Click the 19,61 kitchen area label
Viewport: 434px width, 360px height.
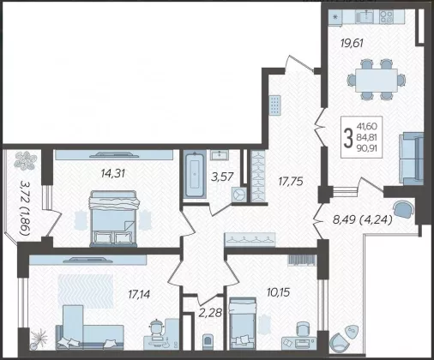click(352, 44)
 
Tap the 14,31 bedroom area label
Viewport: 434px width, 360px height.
click(113, 173)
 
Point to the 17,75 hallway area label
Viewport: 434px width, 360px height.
click(291, 182)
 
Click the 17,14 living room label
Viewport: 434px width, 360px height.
click(139, 294)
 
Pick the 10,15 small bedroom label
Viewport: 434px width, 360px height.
click(278, 292)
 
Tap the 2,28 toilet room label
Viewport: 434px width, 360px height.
click(211, 313)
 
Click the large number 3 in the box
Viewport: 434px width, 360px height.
click(348, 138)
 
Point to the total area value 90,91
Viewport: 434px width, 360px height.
click(367, 148)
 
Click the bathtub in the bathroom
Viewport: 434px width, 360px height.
click(195, 175)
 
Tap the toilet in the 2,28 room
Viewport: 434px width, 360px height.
click(208, 342)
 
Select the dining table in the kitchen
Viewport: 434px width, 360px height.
click(377, 81)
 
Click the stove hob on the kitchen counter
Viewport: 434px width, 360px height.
click(387, 16)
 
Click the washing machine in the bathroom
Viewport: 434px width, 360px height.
click(238, 195)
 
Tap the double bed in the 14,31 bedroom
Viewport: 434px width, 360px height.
click(114, 219)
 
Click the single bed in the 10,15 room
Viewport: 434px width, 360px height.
click(243, 323)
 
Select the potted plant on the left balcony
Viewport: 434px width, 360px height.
click(25, 160)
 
